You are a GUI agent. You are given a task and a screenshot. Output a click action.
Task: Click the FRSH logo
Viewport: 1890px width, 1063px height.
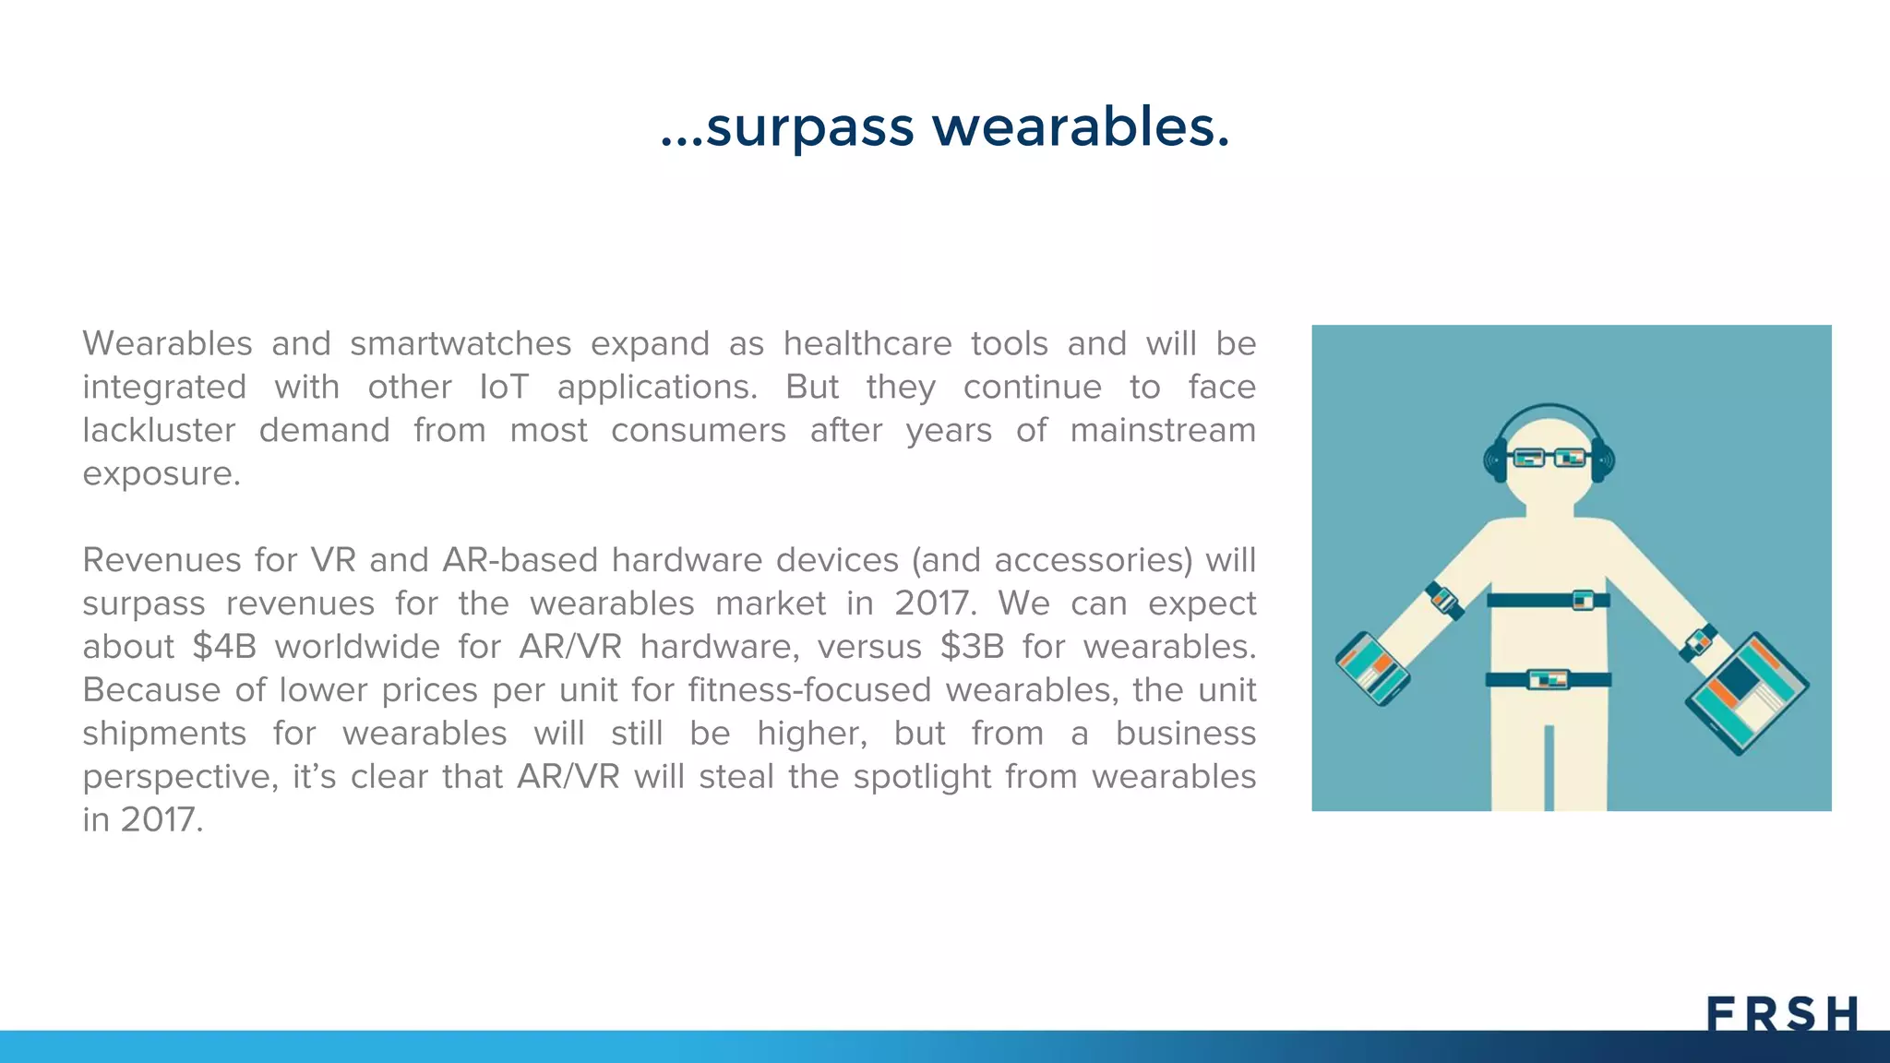[1782, 1014]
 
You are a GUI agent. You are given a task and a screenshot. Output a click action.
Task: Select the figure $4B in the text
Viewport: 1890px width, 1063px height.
[224, 647]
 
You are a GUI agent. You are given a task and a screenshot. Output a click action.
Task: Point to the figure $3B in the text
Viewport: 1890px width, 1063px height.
[972, 647]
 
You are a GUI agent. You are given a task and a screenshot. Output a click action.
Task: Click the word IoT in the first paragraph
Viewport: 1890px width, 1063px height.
[504, 387]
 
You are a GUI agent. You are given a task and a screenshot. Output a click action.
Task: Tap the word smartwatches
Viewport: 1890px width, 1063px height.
[461, 343]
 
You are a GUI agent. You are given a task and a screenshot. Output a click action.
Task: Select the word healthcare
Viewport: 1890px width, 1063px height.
[867, 343]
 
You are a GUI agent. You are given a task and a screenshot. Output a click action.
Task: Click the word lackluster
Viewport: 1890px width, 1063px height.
[159, 430]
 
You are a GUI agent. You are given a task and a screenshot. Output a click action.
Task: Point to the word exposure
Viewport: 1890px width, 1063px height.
[161, 474]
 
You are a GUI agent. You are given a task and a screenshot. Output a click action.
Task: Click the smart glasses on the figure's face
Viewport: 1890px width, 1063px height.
[1549, 457]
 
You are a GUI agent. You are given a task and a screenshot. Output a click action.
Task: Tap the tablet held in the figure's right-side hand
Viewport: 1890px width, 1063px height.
[1746, 692]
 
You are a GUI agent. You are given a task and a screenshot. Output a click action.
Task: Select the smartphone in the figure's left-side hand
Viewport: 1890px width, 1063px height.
[1372, 668]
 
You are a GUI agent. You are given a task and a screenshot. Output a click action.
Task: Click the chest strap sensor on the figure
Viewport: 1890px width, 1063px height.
[1583, 600]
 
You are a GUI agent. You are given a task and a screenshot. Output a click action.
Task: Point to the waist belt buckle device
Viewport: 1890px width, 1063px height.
[1549, 680]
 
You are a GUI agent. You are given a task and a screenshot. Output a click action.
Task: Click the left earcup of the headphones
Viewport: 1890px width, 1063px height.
[1495, 460]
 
